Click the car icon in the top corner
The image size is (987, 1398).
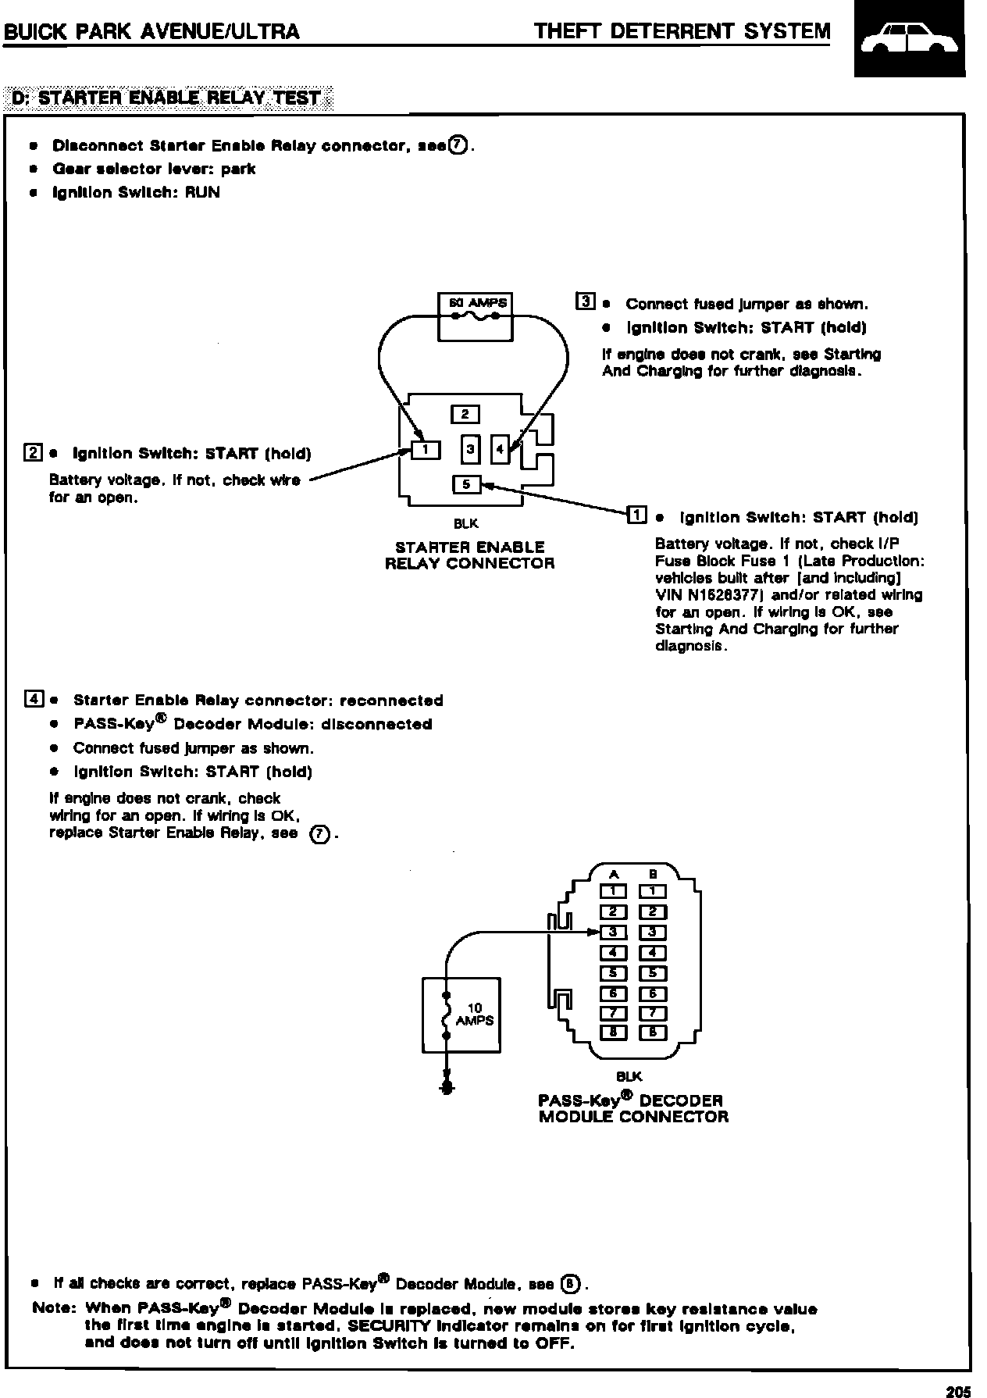(x=909, y=40)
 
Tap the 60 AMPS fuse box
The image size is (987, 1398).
(x=476, y=316)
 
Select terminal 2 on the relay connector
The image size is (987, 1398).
(x=465, y=414)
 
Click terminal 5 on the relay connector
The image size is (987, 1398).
(x=466, y=484)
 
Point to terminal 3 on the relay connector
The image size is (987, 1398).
(x=470, y=449)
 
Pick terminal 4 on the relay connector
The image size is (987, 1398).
(x=500, y=449)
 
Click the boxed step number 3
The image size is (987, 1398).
(x=584, y=301)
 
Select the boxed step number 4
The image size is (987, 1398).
(x=34, y=698)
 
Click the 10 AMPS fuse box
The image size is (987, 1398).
(x=461, y=1015)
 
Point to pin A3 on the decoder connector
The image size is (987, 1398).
(x=614, y=932)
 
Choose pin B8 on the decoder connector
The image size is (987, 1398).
(x=653, y=1032)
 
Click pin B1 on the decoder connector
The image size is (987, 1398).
(x=653, y=891)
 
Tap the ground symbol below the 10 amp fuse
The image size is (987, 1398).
(x=446, y=1088)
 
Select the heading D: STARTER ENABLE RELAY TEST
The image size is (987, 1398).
(x=169, y=98)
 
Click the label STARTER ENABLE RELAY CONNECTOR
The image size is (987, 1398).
(x=469, y=555)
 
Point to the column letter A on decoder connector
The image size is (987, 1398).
(x=614, y=875)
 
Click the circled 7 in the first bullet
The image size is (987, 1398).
(x=458, y=145)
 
